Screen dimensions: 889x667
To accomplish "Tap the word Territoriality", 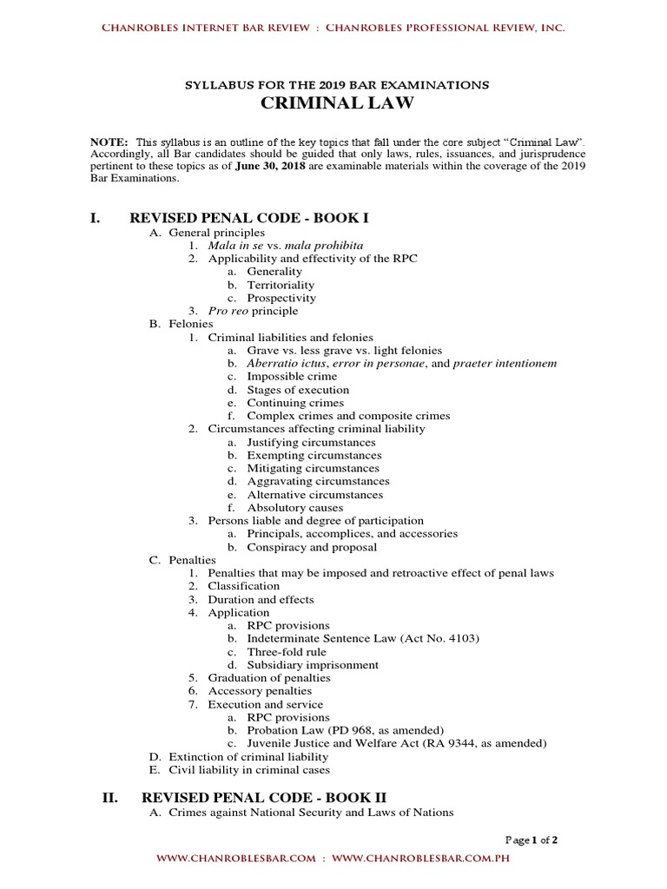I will tap(281, 285).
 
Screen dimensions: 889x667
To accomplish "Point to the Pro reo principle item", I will tap(253, 311).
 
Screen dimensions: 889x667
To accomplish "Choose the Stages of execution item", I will tap(298, 390).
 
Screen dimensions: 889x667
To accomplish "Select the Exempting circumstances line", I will tap(314, 455).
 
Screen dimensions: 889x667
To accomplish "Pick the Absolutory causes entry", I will tap(294, 508).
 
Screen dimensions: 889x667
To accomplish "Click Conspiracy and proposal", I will tap(312, 547).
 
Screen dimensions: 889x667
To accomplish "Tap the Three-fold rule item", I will tap(287, 652).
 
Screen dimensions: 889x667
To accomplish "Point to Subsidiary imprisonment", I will tap(313, 665).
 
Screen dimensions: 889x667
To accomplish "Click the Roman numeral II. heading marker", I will tap(109, 796).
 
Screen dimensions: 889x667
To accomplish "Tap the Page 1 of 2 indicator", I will tap(532, 840).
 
